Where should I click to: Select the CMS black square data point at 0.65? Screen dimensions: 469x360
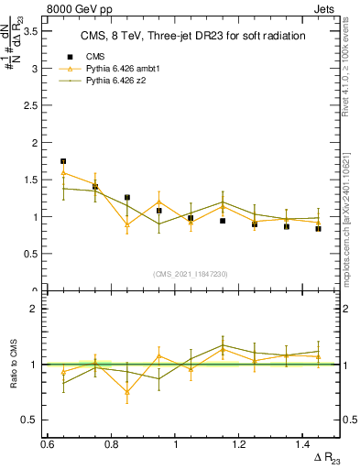coord(63,161)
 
